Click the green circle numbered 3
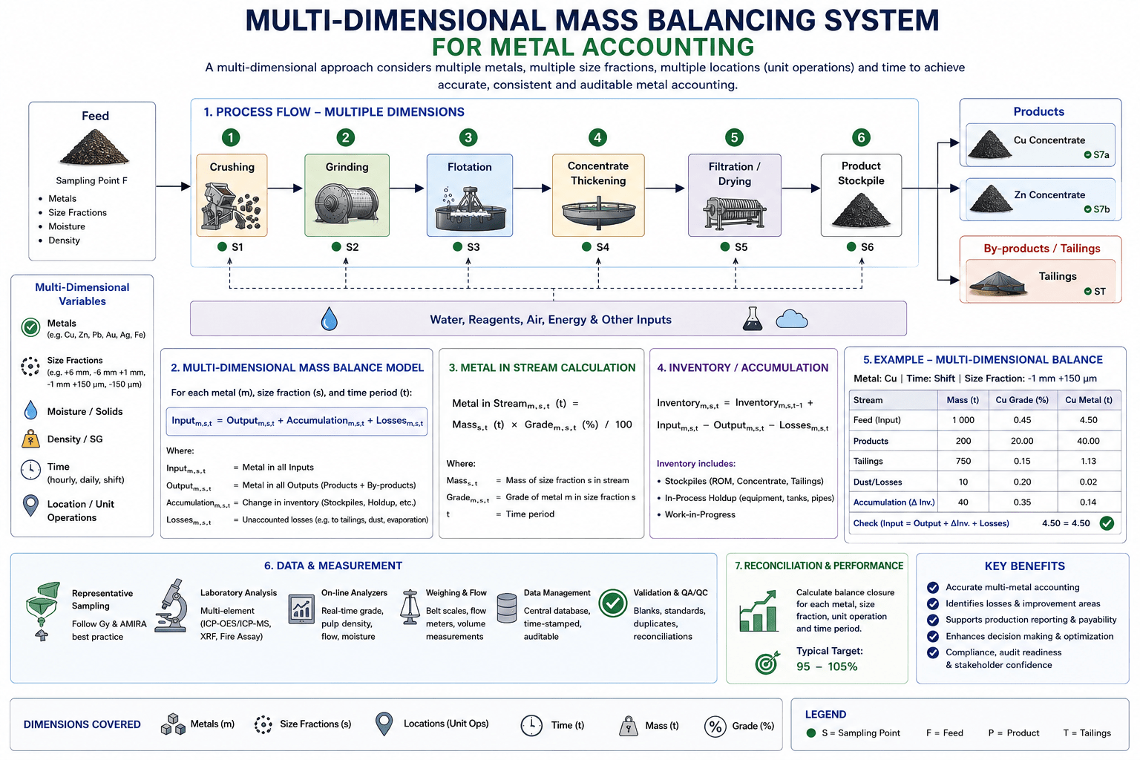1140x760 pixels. (x=468, y=137)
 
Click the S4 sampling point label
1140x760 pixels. (x=595, y=247)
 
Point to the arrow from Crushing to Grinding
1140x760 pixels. (x=285, y=189)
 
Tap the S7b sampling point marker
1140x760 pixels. (x=1087, y=209)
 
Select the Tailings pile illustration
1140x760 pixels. (x=997, y=284)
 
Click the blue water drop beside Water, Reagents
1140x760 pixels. (x=330, y=319)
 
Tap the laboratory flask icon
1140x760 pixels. (x=752, y=319)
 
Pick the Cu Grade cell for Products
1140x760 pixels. (x=1021, y=441)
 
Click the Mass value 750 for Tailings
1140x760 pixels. (x=963, y=461)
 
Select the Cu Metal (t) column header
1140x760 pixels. (x=1089, y=400)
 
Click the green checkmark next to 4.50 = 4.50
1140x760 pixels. (x=1107, y=523)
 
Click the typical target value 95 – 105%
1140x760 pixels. (x=827, y=666)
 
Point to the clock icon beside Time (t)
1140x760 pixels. (x=531, y=725)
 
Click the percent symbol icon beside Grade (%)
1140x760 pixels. (x=715, y=727)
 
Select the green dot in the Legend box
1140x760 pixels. (x=811, y=733)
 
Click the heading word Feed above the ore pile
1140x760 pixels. (x=95, y=116)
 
